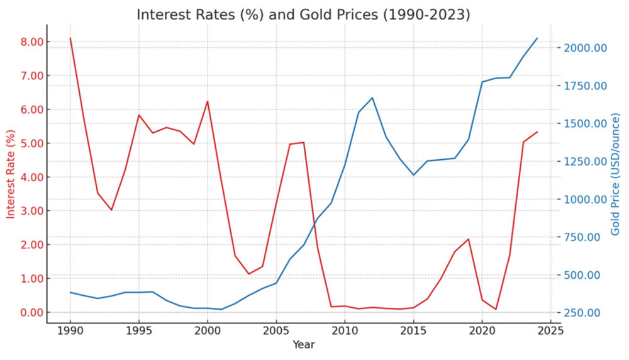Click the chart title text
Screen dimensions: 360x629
click(303, 14)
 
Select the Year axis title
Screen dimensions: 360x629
click(303, 344)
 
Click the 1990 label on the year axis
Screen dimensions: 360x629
click(70, 330)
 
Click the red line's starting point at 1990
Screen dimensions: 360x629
click(70, 38)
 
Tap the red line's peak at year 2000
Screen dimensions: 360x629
click(208, 101)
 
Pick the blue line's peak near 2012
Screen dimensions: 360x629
click(372, 98)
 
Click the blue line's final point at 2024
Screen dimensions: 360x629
click(537, 38)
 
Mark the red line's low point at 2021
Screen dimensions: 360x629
click(496, 310)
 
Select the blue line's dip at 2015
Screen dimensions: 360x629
click(413, 175)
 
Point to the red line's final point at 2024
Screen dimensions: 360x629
click(537, 132)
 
